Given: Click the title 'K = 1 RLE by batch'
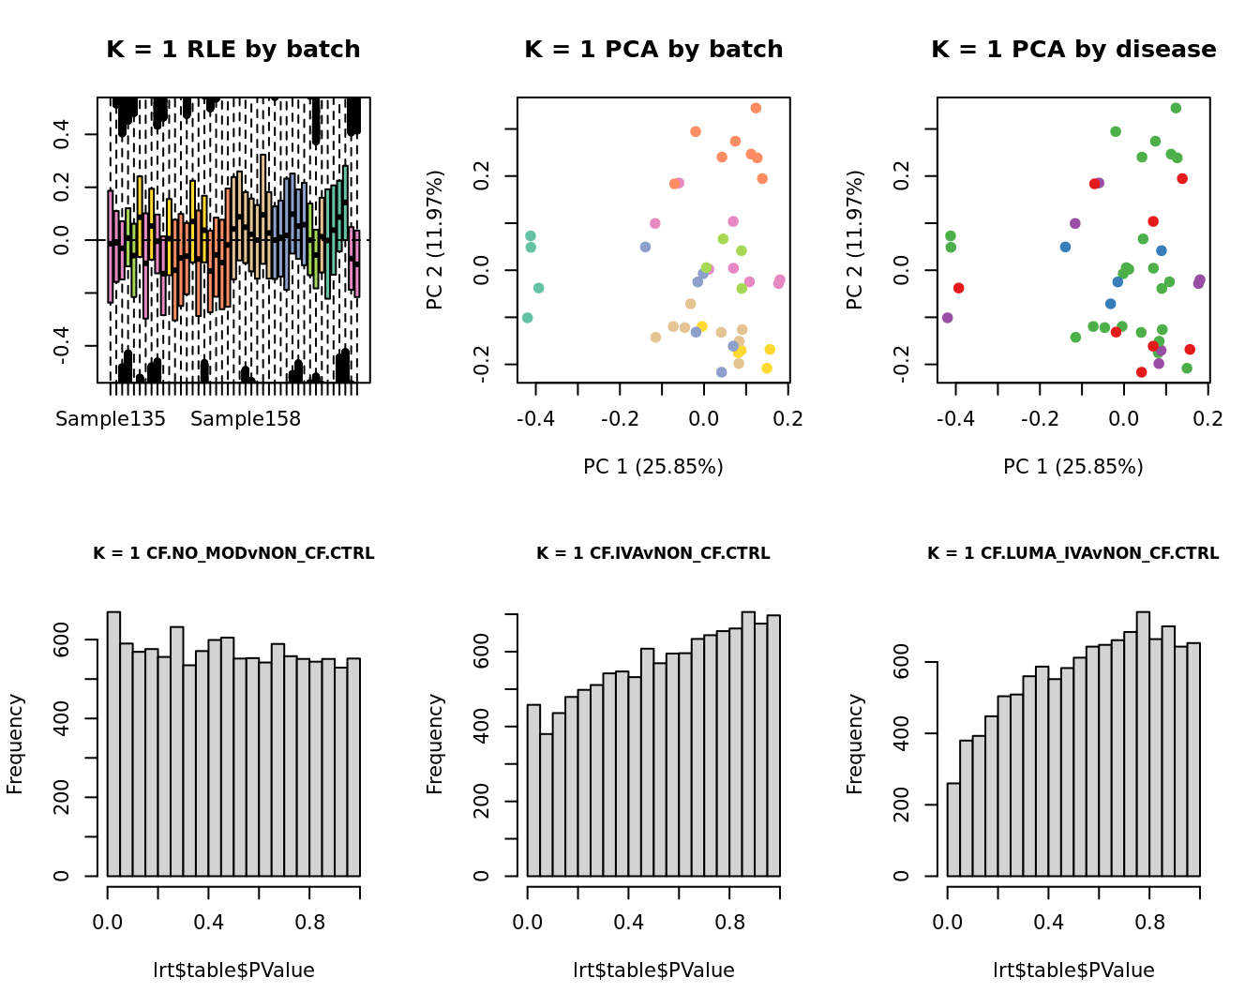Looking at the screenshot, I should tap(232, 50).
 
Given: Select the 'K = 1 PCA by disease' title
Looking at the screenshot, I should tap(1073, 50).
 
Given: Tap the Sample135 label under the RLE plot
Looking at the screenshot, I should tap(111, 419).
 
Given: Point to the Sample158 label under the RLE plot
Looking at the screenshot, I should tap(246, 419).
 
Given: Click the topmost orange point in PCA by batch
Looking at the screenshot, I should tap(756, 108).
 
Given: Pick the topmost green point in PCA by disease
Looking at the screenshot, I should tap(1176, 108).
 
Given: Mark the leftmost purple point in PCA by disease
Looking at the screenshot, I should tap(947, 318).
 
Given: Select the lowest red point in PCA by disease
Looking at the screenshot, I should tap(1141, 372).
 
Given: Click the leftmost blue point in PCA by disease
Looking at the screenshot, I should tap(1065, 247).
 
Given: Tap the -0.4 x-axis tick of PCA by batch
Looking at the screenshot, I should tap(535, 419).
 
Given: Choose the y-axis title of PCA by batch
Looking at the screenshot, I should tap(435, 240).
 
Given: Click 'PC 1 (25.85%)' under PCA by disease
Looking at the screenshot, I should tap(1073, 466).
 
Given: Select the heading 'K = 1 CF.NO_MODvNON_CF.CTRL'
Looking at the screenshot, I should tap(233, 553).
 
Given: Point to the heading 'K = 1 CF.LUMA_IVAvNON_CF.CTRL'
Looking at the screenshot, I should tap(1073, 553).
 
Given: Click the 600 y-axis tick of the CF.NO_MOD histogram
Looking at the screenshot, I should tap(63, 640).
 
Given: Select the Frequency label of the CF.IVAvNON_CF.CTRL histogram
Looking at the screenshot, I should tap(435, 744).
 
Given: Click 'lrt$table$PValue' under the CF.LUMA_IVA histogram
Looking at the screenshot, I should tap(1073, 970).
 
